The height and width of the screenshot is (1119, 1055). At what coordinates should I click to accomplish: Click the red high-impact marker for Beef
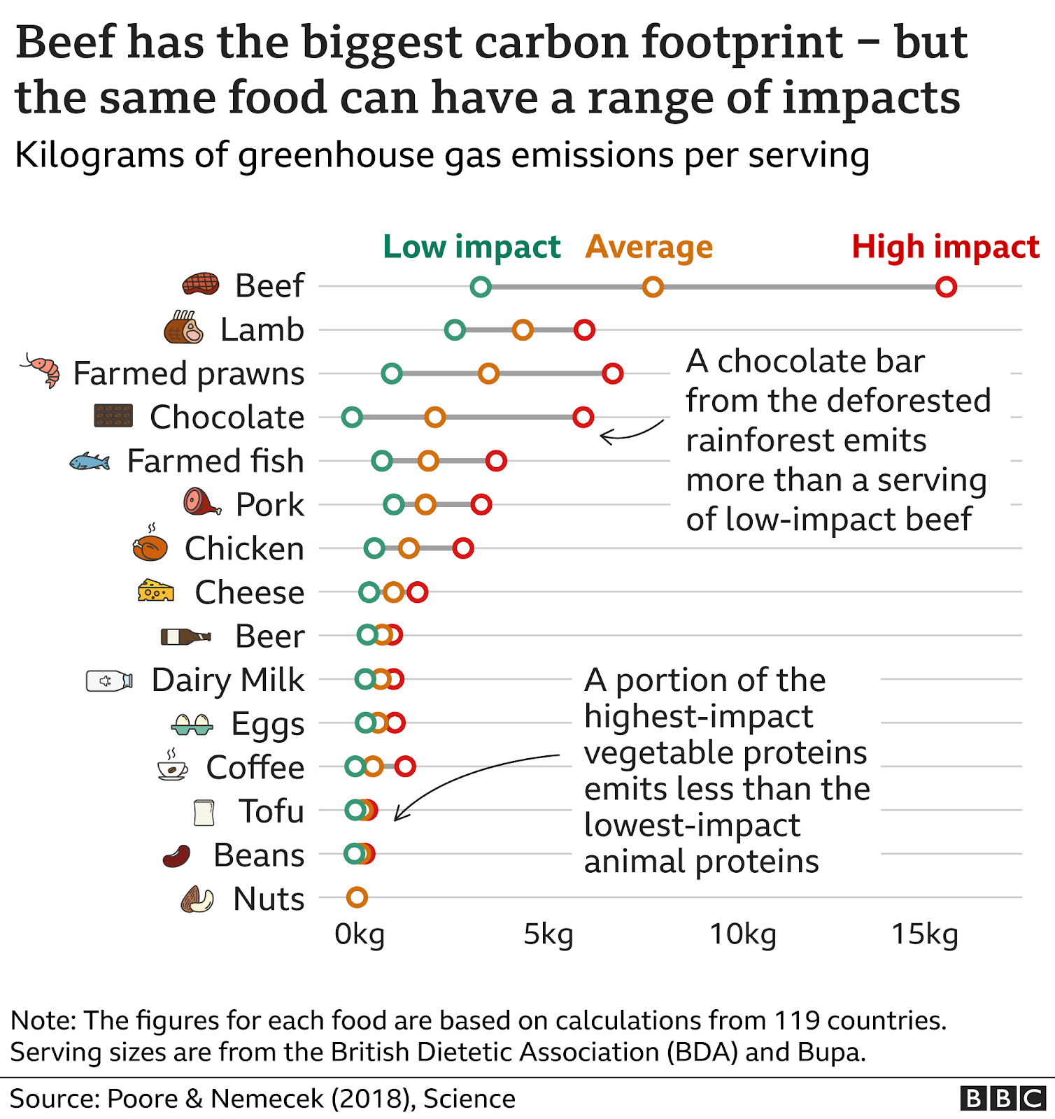point(946,287)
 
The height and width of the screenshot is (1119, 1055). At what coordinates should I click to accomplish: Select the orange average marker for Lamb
point(523,329)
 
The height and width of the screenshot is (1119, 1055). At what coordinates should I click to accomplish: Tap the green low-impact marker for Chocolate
point(352,418)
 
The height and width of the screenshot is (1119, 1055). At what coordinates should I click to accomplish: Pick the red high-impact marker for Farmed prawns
point(613,373)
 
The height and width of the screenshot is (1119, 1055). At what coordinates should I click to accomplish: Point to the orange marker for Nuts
point(357,897)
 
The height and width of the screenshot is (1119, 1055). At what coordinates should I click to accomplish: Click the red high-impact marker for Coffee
point(405,767)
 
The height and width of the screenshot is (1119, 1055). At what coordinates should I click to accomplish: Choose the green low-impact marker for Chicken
point(374,548)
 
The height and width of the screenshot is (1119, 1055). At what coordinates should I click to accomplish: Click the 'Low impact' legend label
point(472,247)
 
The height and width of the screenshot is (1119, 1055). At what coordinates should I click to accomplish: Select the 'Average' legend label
point(649,247)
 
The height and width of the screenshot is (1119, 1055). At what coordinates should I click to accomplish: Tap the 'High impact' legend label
point(945,247)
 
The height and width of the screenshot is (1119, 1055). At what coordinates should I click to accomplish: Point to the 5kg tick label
point(548,934)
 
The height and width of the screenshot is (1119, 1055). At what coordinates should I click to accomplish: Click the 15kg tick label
point(924,934)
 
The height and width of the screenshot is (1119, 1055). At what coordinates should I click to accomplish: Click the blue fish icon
point(90,462)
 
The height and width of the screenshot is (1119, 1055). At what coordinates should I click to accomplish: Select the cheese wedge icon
point(155,591)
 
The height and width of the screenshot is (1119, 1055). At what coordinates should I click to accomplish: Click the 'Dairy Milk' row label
point(227,680)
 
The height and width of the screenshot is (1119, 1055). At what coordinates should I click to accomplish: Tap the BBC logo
point(1003,1098)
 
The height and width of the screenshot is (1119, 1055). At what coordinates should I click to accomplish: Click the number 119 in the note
point(797,1020)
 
